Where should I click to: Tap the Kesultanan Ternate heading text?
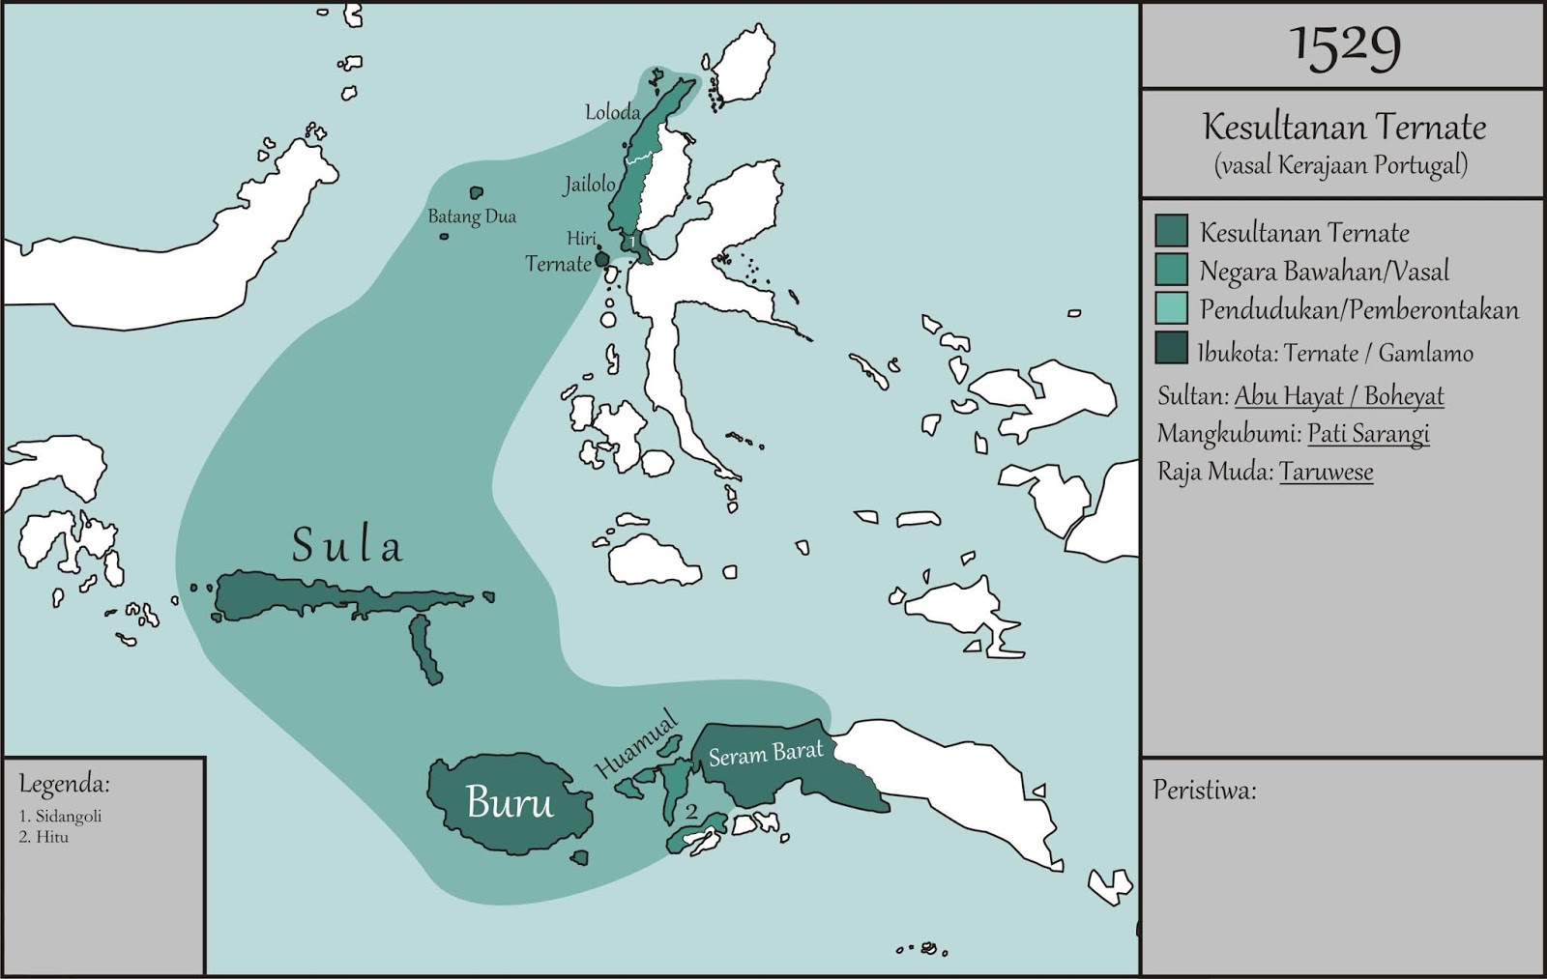click(x=1344, y=127)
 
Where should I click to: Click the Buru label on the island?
click(x=510, y=802)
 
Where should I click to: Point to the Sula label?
click(x=347, y=546)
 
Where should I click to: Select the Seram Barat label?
click(x=766, y=753)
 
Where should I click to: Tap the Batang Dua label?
click(x=472, y=216)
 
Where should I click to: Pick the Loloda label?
click(x=612, y=112)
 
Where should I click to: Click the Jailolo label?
click(x=589, y=184)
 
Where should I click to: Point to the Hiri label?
click(x=581, y=238)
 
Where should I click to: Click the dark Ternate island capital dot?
click(x=601, y=259)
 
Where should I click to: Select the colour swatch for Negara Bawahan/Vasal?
click(x=1171, y=271)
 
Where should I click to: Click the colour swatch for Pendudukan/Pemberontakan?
click(x=1171, y=309)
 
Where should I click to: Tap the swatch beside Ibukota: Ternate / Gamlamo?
click(x=1171, y=349)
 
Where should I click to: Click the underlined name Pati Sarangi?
click(x=1368, y=434)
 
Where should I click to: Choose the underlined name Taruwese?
click(x=1326, y=472)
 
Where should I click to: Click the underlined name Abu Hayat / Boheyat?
click(x=1339, y=396)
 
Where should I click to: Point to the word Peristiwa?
click(x=1205, y=791)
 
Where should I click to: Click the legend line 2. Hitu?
click(x=44, y=837)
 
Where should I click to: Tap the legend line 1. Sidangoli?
click(x=60, y=816)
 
